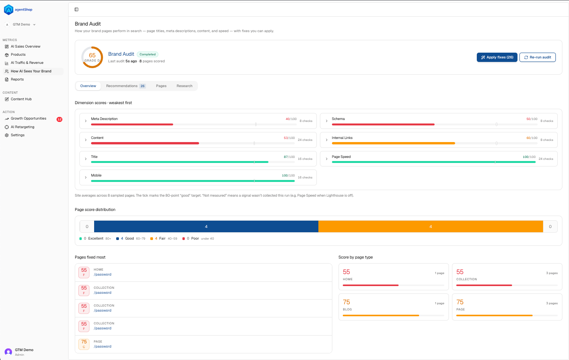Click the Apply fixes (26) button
click(497, 57)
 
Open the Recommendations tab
click(126, 86)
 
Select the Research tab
click(184, 86)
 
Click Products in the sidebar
click(18, 55)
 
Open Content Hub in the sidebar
click(21, 99)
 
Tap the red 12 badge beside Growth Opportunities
click(59, 119)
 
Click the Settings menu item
click(17, 135)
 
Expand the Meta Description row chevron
click(86, 121)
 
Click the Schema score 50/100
click(532, 119)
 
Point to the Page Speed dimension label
click(341, 157)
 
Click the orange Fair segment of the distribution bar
click(431, 226)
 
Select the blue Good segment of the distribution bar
click(206, 226)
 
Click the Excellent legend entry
click(95, 239)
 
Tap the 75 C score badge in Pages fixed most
click(84, 344)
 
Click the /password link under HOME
click(102, 274)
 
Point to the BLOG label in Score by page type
click(347, 309)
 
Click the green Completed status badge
click(148, 54)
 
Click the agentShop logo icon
click(9, 10)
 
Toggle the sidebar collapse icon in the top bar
click(76, 10)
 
